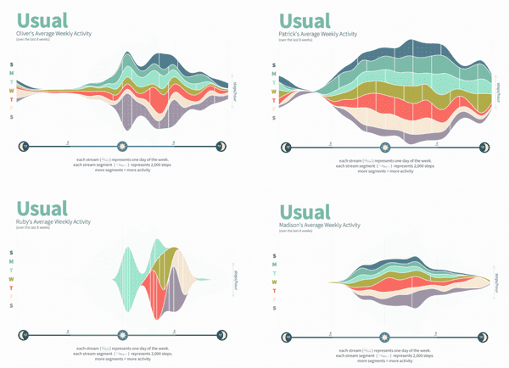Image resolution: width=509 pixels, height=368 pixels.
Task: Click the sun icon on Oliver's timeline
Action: (124, 147)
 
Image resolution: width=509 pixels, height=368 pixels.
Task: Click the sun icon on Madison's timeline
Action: (385, 337)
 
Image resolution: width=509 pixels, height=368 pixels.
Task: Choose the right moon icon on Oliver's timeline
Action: (222, 147)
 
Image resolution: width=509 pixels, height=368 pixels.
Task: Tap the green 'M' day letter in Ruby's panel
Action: (11, 260)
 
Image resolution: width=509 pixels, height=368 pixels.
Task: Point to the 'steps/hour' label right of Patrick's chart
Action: (498, 86)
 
